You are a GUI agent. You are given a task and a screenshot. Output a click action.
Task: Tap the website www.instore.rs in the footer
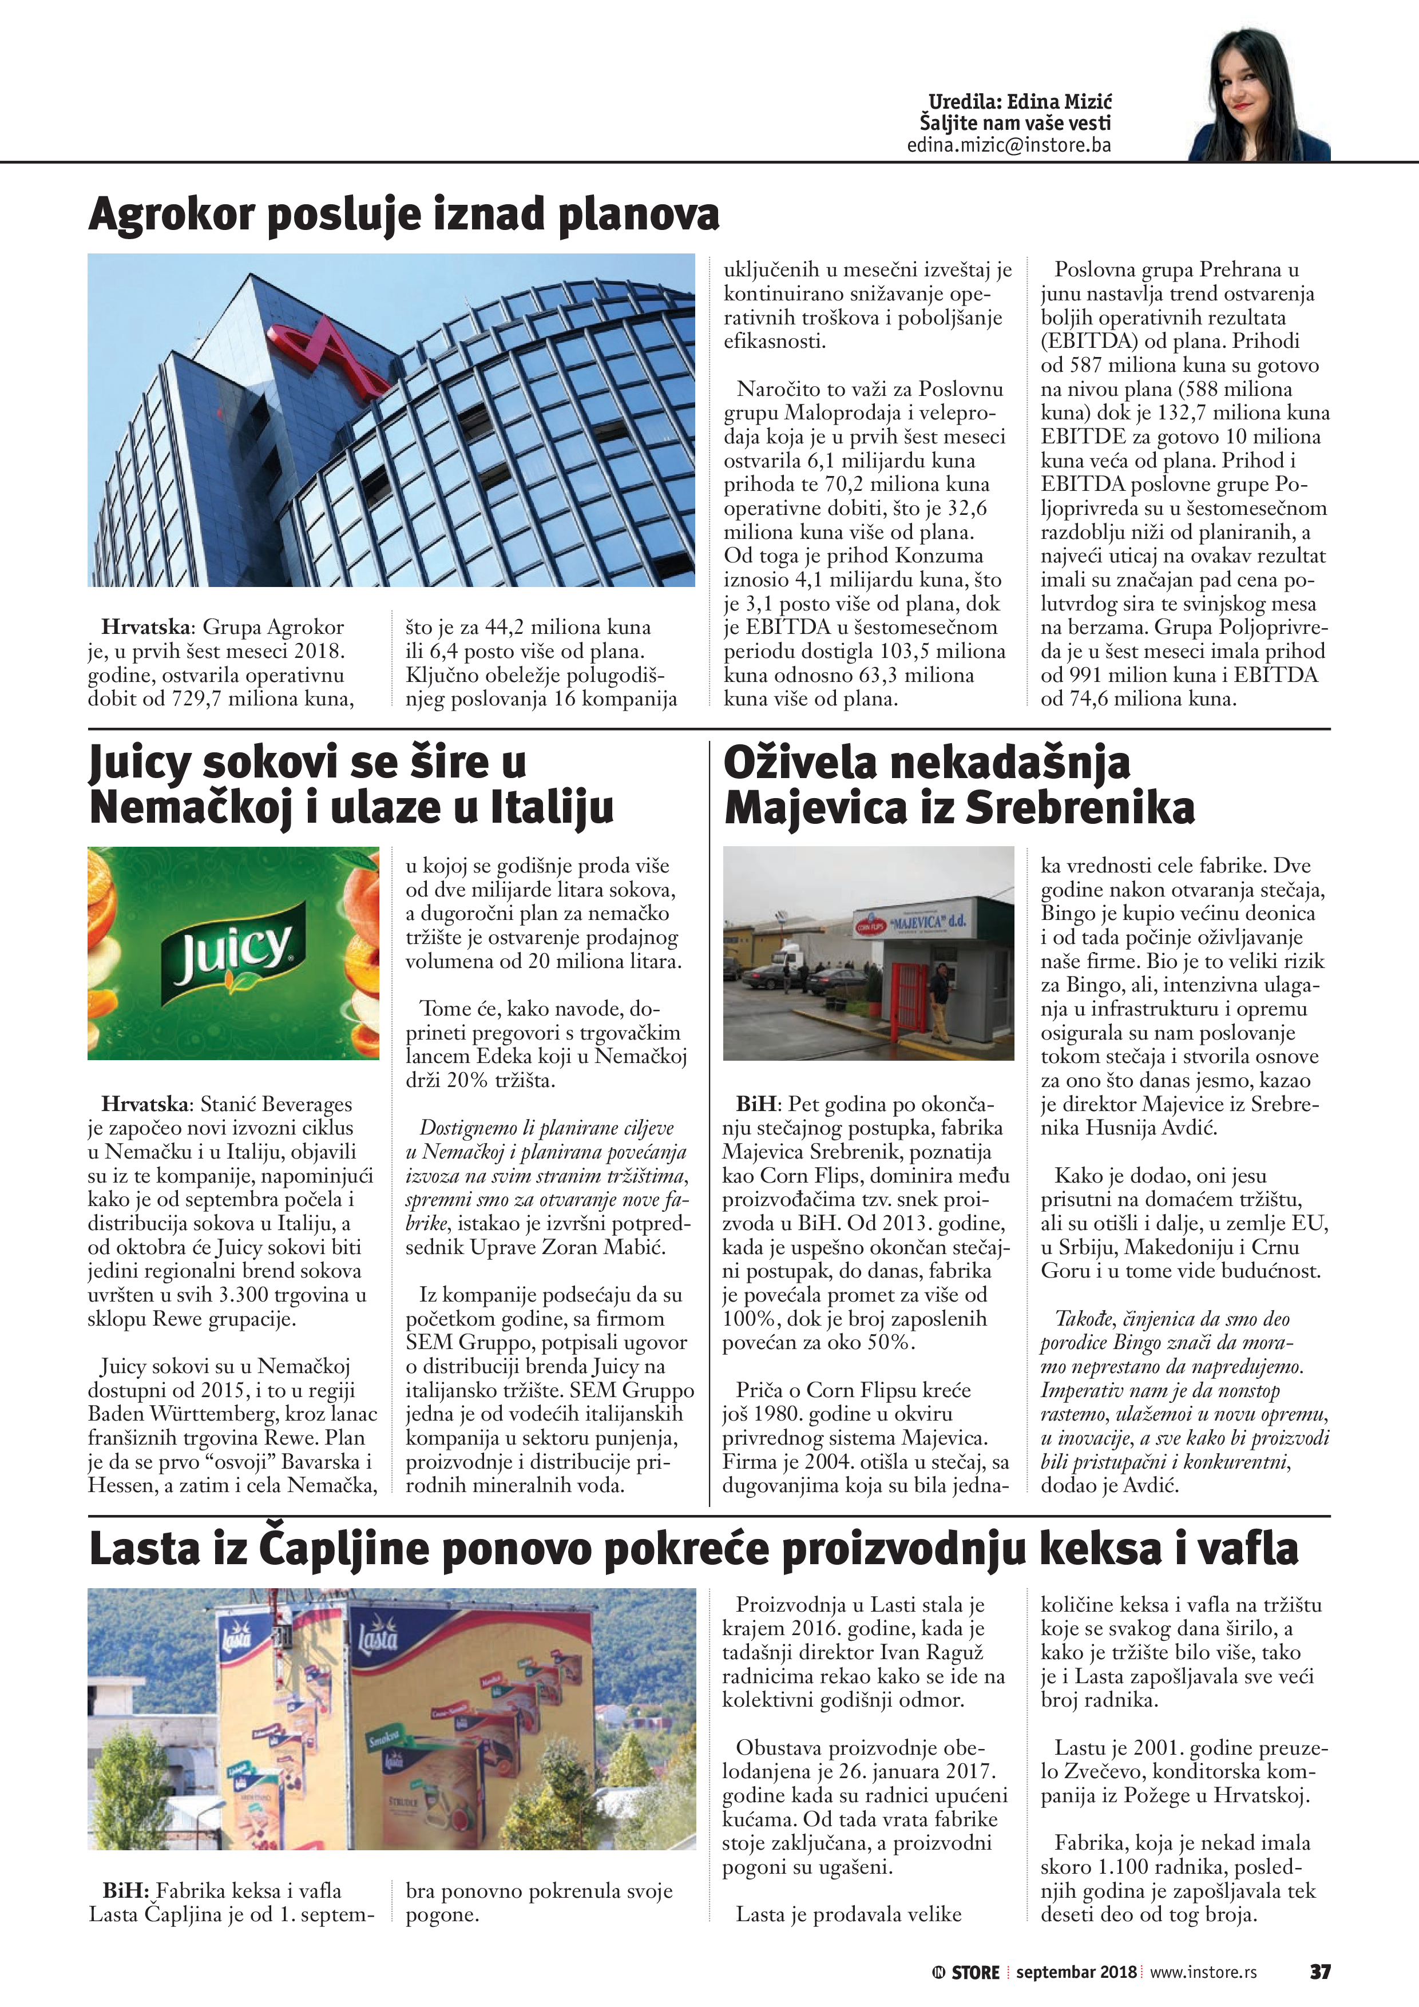click(1203, 1972)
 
